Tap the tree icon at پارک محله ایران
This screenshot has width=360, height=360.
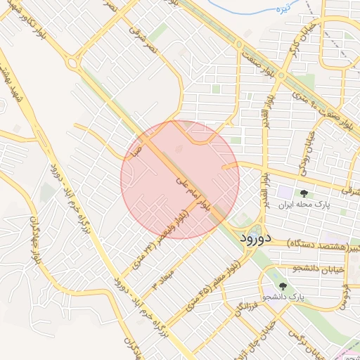(x=304, y=193)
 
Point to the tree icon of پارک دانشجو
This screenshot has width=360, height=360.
(x=283, y=287)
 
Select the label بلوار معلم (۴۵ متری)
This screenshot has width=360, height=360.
(x=214, y=288)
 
